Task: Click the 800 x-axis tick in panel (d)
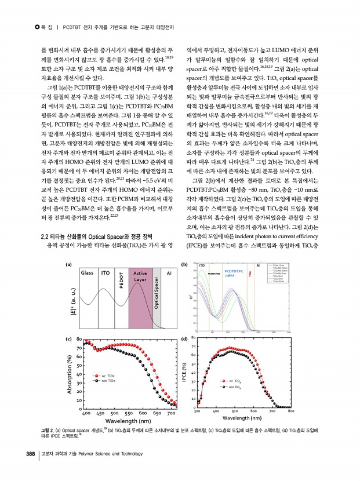290,411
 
